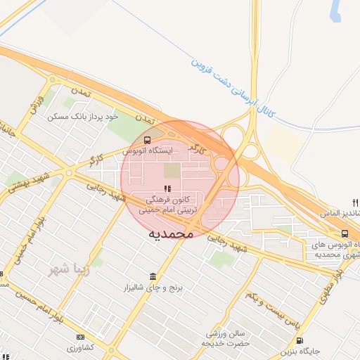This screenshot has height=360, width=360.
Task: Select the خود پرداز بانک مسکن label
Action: pos(82,116)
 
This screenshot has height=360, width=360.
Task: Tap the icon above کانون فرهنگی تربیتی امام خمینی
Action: pos(167,188)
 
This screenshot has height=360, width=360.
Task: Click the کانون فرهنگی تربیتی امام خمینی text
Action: pos(169,205)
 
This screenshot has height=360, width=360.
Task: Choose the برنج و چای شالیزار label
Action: pos(154,288)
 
